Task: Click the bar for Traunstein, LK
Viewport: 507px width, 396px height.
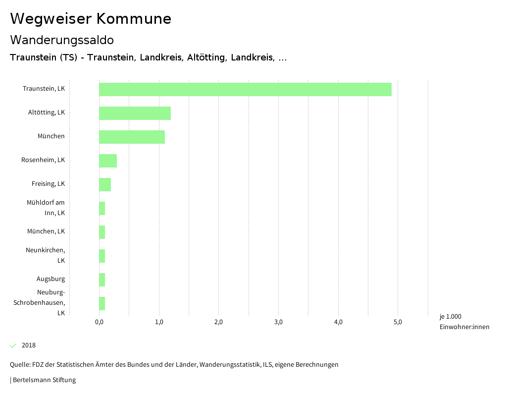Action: pos(245,89)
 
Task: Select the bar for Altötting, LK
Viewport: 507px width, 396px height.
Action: pos(135,113)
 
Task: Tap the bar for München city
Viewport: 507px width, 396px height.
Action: pos(132,137)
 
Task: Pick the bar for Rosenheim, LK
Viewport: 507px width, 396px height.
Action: pos(108,161)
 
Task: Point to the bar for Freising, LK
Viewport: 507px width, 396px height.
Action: pos(105,184)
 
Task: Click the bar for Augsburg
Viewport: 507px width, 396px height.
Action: pos(102,280)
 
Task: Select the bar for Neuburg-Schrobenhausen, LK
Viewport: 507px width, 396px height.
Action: pos(102,303)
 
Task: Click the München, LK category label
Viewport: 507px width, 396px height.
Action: pos(46,231)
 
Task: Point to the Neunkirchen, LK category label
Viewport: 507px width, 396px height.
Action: pos(46,255)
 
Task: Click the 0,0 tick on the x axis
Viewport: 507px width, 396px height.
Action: pos(99,322)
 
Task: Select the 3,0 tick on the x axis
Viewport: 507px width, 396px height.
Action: pos(278,322)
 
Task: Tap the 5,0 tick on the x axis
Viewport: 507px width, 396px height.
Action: pos(398,322)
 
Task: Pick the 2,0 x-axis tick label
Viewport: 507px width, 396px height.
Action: pos(218,322)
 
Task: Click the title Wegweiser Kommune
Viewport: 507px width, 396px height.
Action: pos(91,19)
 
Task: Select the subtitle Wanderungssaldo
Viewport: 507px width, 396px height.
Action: pos(62,40)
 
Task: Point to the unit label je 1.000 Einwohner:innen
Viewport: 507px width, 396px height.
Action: pos(464,322)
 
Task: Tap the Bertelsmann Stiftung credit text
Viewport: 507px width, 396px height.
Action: pos(44,380)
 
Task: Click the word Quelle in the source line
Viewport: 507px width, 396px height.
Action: pos(20,365)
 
